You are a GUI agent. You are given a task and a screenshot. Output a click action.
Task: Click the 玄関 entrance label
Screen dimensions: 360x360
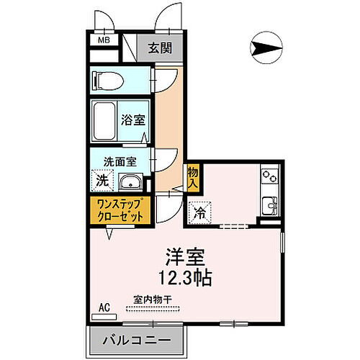click(159, 49)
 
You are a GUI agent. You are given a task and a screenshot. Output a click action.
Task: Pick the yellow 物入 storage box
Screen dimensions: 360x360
click(193, 178)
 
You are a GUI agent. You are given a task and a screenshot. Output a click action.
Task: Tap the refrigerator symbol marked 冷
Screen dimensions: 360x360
click(200, 212)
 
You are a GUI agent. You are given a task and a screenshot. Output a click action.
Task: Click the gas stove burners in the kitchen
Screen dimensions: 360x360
click(269, 174)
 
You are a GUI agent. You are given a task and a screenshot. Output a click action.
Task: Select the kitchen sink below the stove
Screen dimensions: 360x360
click(269, 203)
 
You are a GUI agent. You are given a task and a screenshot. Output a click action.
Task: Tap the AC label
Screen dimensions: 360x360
click(104, 307)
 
